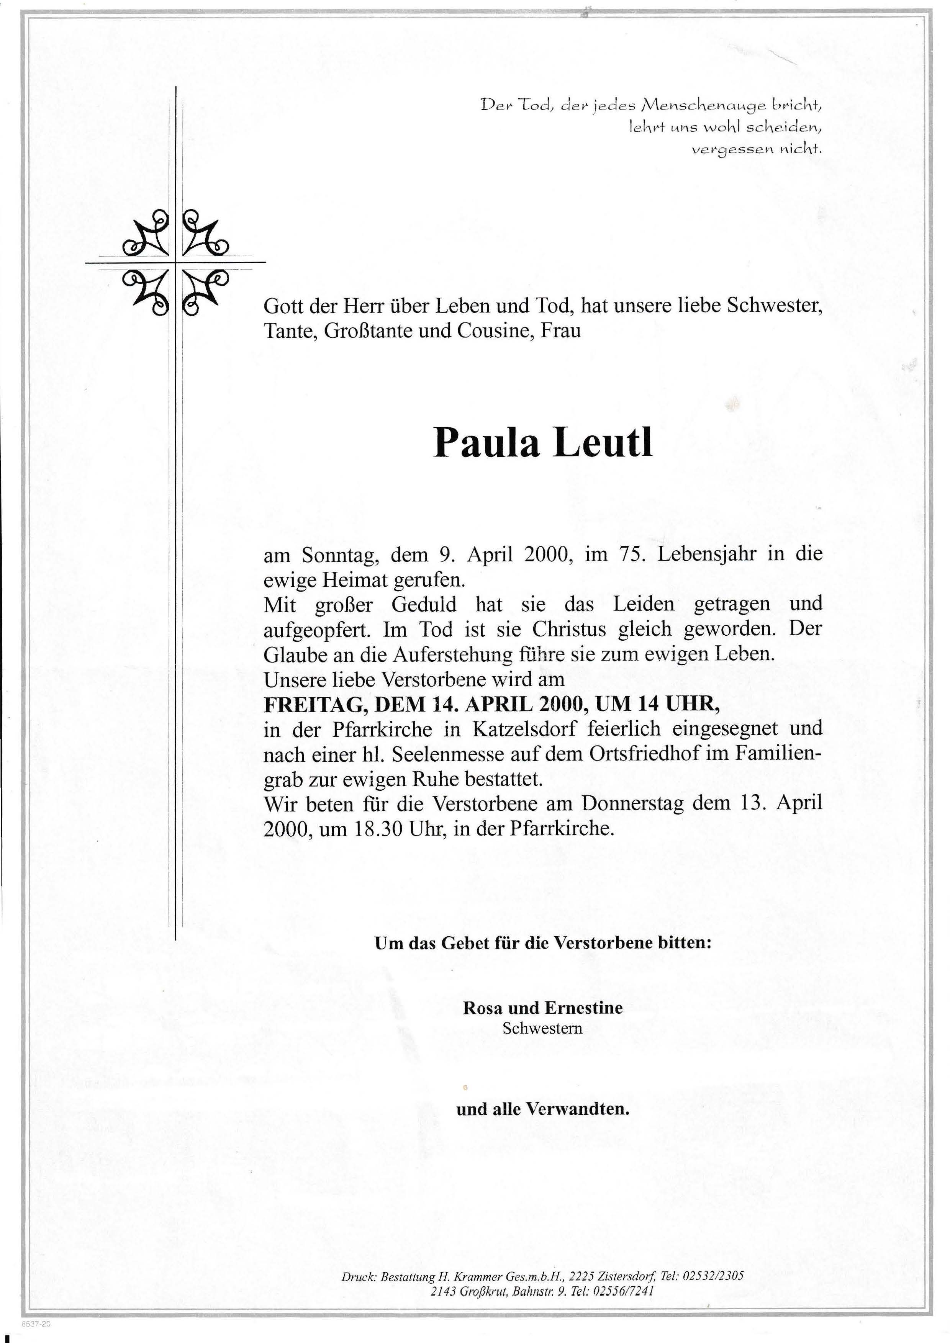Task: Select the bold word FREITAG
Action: (315, 705)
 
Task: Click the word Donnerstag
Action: (632, 804)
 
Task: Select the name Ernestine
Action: (584, 1008)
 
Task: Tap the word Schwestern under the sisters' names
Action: (542, 1028)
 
